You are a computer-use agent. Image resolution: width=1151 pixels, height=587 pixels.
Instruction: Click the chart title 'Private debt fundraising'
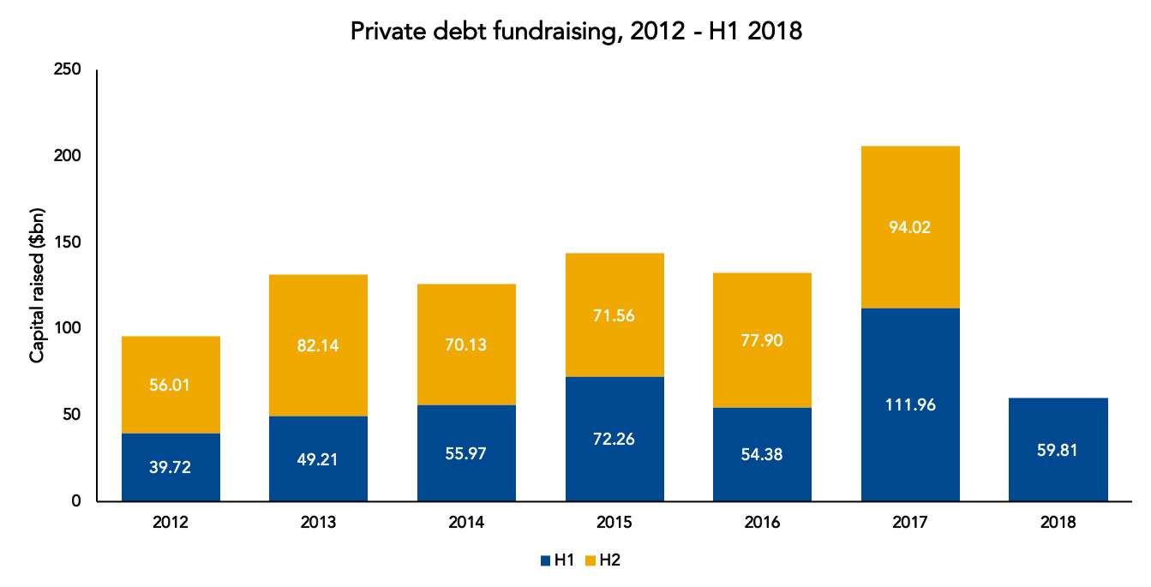point(483,32)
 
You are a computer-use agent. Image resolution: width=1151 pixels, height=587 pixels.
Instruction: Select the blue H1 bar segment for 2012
point(171,467)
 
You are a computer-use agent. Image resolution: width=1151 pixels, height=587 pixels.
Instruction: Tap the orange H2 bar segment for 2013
point(318,345)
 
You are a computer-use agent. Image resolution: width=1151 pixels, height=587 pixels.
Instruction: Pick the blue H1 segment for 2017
point(910,404)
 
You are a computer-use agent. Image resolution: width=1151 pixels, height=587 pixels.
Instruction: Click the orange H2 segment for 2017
point(910,227)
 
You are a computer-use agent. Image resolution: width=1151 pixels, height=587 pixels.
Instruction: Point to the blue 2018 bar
point(1058,449)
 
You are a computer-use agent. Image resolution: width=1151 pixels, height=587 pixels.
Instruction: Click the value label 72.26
point(614,439)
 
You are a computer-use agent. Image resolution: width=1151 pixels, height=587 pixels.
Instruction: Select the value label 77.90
point(762,340)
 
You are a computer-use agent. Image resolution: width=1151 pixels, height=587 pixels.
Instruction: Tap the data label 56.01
point(170,385)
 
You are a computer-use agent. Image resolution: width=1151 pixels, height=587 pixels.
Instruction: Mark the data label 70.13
point(466,344)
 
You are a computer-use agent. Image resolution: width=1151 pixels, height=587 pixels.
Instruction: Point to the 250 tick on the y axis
point(68,69)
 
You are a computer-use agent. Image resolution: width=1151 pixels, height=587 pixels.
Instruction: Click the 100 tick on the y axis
point(68,327)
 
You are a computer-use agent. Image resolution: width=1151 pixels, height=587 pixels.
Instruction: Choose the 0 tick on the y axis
point(76,500)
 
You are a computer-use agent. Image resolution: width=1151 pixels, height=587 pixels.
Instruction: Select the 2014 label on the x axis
point(466,522)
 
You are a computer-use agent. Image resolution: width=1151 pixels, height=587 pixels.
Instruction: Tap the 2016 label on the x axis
point(762,522)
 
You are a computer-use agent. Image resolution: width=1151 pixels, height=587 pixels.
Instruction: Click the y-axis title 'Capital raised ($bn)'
point(37,285)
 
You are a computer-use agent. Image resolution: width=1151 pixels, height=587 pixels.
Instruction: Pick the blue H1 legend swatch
point(546,560)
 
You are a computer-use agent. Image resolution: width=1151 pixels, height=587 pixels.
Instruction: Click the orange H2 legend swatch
point(590,560)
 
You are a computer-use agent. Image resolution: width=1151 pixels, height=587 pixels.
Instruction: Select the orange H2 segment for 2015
point(614,314)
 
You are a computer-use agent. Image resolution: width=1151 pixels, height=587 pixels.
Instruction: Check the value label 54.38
point(762,454)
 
